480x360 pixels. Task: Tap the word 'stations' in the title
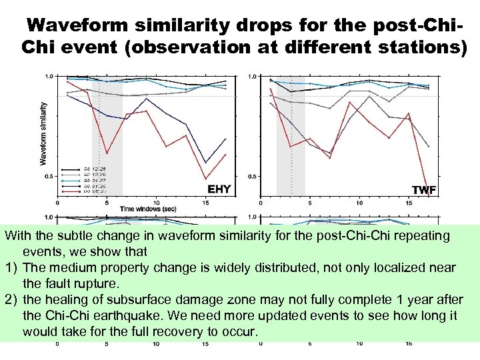coord(413,48)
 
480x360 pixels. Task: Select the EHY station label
coord(219,189)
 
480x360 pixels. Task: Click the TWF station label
coord(424,190)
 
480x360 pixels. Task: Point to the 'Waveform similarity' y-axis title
coord(44,133)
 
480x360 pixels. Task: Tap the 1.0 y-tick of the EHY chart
coord(49,77)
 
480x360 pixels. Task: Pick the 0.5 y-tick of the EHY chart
coord(49,177)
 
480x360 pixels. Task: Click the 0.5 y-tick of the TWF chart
coord(251,177)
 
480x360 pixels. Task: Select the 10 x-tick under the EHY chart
coord(156,203)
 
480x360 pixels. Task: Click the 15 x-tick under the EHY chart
coord(205,203)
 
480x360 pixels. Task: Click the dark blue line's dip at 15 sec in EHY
coord(205,162)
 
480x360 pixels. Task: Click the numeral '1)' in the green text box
coord(11,267)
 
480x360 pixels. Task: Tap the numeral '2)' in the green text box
coord(11,299)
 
